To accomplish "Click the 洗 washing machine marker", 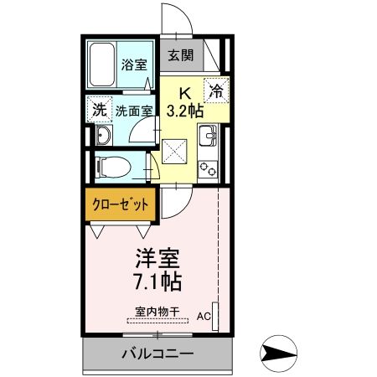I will coord(100,110).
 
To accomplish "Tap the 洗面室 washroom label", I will coord(133,110).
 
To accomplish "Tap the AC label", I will coord(204,317).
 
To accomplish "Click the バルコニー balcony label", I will coord(157,353).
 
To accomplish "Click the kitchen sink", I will coord(207,133).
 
